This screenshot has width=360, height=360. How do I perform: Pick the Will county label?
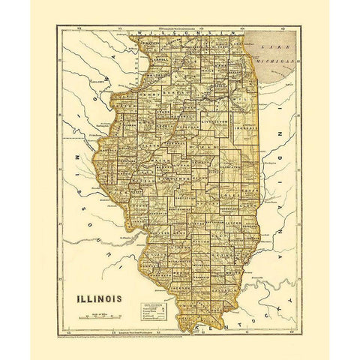click(238, 97)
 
